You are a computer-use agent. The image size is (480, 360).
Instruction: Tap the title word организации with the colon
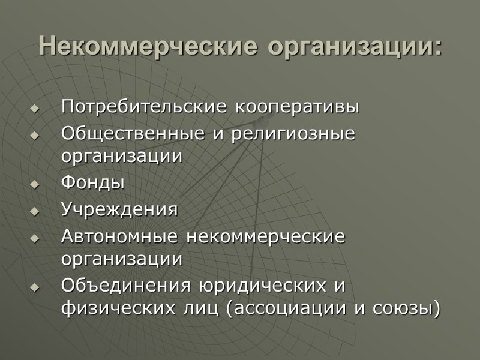(355, 47)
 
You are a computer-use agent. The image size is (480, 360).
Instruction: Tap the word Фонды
(93, 183)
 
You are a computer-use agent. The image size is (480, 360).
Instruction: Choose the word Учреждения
(119, 210)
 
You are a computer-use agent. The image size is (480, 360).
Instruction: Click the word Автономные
(119, 236)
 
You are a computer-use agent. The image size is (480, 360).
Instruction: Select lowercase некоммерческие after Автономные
(265, 236)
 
